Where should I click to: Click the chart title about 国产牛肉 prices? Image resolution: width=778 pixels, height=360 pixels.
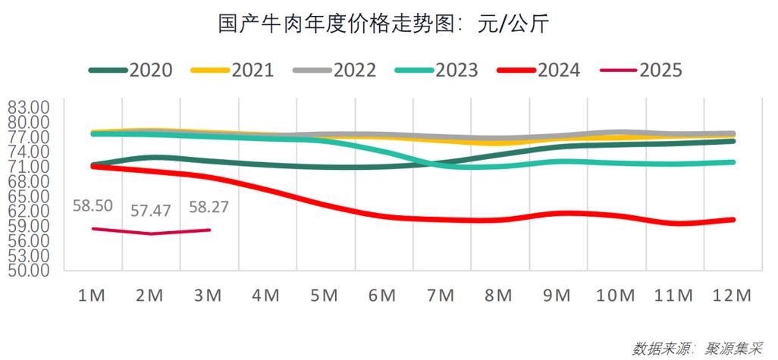[x=388, y=24]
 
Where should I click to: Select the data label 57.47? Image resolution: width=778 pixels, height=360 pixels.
[x=151, y=211]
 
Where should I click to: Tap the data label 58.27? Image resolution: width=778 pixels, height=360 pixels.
[x=209, y=206]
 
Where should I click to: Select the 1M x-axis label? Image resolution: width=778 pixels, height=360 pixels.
[x=93, y=296]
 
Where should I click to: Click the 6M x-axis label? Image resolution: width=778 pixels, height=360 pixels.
[x=382, y=296]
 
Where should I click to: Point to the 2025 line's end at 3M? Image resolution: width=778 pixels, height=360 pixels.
[x=209, y=230]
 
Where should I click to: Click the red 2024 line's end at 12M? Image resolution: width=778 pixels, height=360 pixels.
[x=733, y=220]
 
